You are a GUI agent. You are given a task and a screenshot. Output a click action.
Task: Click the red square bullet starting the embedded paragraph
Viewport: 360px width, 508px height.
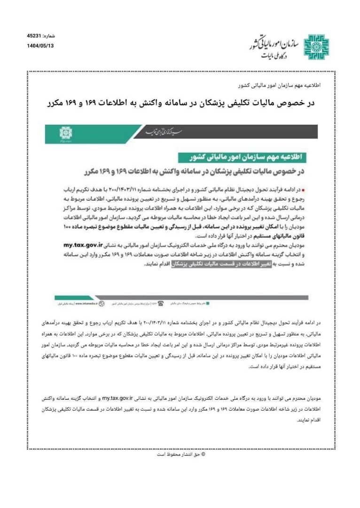(303, 190)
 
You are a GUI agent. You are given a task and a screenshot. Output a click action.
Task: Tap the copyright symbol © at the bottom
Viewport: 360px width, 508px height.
(203, 454)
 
